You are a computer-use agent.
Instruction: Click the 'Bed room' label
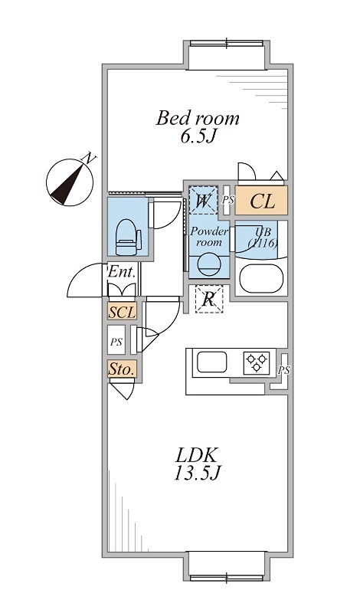point(198,118)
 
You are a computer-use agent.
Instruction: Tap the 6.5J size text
point(198,136)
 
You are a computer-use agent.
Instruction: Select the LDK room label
point(197,456)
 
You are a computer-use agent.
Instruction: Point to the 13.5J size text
point(198,474)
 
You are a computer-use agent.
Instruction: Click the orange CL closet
point(261,200)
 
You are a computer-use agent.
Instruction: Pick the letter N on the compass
point(89,159)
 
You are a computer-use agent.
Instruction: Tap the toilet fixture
point(128,238)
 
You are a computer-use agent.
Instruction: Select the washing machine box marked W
point(203,200)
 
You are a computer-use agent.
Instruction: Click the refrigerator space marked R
point(209,299)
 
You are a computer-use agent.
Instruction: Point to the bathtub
point(261,279)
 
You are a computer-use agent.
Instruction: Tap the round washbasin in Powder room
point(209,264)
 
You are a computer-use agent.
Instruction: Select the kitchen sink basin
point(212,362)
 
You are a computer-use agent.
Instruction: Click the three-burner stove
point(257,362)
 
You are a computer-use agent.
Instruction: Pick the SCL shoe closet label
point(122,312)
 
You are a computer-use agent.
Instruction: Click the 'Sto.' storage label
point(122,369)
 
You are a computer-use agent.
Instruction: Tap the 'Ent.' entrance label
point(122,271)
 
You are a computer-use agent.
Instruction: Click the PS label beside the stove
point(284,370)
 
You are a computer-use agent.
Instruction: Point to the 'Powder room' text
point(209,237)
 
